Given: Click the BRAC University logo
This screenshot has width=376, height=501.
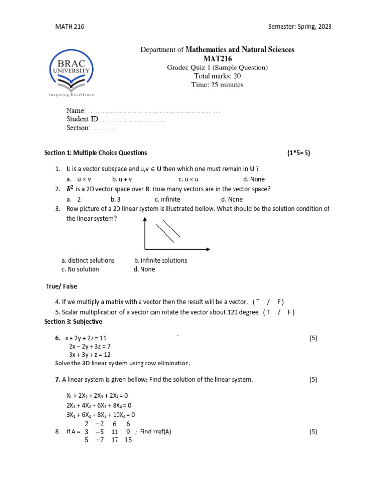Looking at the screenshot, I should coord(71,73).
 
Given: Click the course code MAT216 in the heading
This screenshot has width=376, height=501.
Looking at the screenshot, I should coord(217,59).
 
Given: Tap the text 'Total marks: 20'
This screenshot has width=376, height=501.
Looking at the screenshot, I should coord(217,76).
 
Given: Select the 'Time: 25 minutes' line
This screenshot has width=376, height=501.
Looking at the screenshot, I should coord(217,85).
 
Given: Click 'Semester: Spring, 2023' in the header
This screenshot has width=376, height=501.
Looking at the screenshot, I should coord(300,26).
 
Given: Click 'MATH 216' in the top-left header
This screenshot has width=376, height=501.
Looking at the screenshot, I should coord(70,26).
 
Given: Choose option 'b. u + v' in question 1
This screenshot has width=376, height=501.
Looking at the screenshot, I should coord(122,179).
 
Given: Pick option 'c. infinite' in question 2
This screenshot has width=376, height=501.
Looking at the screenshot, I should coord(167,199).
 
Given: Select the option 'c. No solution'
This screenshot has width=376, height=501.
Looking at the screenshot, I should coord(80,269).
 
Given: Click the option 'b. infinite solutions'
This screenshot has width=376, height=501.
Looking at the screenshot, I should coord(161,260).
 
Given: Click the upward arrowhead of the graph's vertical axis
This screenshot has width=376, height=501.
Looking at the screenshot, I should coord(145,219).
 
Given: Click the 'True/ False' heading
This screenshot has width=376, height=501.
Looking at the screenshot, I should coord(61,286).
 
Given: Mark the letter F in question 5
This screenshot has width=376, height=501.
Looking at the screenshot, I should coord(289,312).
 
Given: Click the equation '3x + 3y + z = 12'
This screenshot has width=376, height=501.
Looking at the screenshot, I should coord(90,355).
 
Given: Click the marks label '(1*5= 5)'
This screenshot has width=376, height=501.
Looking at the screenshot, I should coord(299,153).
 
